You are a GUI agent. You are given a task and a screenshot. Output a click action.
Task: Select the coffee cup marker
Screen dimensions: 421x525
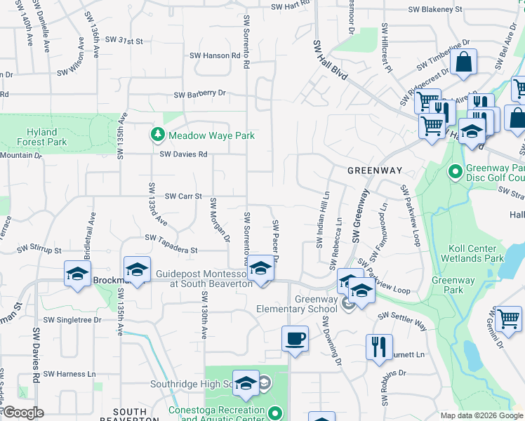pyautogui.click(x=295, y=339)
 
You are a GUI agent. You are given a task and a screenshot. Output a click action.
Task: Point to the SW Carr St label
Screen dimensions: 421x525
pyautogui.click(x=183, y=197)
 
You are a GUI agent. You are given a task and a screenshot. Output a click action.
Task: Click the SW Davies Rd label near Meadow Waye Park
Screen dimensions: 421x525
pyautogui.click(x=183, y=154)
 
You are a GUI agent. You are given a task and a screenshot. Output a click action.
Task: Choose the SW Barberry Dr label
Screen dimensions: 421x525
pyautogui.click(x=200, y=93)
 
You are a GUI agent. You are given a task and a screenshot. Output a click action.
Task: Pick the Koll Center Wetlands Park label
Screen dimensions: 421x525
pyautogui.click(x=472, y=253)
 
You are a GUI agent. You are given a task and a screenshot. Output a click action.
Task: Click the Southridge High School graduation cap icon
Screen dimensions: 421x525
pyautogui.click(x=246, y=382)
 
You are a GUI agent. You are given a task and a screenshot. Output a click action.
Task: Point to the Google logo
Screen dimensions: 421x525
pyautogui.click(x=22, y=413)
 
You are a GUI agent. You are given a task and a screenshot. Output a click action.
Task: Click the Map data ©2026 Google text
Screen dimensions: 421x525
pyautogui.click(x=481, y=415)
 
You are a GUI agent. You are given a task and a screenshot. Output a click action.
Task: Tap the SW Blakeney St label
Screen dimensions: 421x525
pyautogui.click(x=437, y=10)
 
